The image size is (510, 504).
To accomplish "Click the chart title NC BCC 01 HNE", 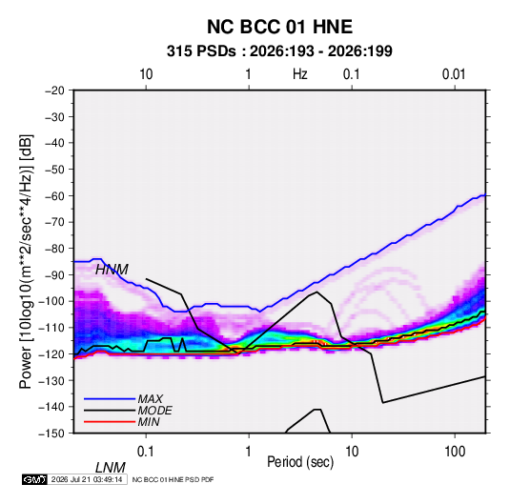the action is tap(279, 27).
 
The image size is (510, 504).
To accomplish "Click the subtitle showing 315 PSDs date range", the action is tap(279, 51).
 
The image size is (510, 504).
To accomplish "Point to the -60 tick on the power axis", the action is tap(54, 195).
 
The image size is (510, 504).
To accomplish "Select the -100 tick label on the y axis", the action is tap(51, 301).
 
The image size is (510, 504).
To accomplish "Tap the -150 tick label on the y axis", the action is tap(51, 433).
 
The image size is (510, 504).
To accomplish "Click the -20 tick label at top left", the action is tap(54, 91).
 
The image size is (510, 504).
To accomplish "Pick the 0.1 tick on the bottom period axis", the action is tap(145, 452).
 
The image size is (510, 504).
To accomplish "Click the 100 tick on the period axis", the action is tap(455, 452).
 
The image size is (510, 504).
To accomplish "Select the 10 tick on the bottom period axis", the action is tap(352, 452).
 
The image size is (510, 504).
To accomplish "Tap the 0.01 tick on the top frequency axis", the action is tap(454, 74).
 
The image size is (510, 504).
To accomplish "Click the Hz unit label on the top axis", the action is tap(300, 74).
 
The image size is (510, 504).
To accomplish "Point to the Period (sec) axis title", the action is tap(300, 462).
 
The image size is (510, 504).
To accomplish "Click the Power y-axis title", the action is tap(26, 262).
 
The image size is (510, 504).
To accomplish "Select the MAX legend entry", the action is tap(151, 399).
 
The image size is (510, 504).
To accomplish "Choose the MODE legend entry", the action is tap(154, 411).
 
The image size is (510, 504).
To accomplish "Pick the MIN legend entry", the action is tap(149, 422).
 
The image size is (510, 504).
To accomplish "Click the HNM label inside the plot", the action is tap(112, 270).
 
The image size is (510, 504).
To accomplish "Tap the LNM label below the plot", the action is tap(111, 468).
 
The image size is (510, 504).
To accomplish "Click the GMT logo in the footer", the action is tap(34, 479).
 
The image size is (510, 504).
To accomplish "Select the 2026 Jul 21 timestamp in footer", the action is tap(87, 479).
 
